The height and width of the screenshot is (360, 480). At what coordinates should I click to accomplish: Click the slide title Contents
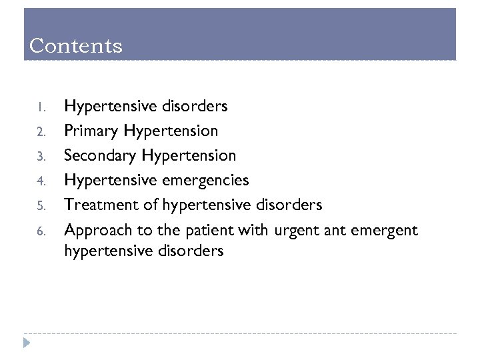[76, 46]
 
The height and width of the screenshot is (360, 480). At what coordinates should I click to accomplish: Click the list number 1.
[40, 107]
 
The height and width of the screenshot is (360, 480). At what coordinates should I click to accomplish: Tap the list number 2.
[40, 131]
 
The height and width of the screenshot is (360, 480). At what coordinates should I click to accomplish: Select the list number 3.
[40, 156]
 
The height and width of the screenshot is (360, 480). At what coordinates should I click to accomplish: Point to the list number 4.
[40, 181]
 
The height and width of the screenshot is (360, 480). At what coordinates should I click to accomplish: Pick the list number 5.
[40, 206]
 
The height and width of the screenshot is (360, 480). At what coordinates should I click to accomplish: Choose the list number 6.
[40, 231]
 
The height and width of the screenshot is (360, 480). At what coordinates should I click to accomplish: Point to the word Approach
[95, 231]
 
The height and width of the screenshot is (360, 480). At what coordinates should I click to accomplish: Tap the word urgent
[294, 231]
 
